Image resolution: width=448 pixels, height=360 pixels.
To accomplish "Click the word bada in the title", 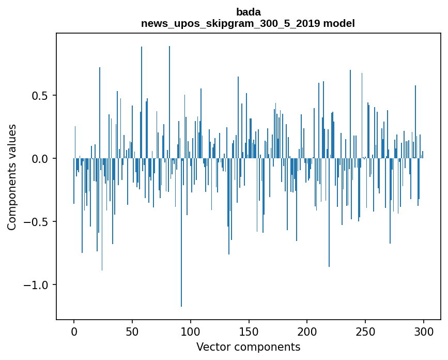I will (x=248, y=12).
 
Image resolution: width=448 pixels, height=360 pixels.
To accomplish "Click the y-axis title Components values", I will (x=12, y=177).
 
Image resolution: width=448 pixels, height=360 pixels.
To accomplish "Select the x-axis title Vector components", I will (x=248, y=347).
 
